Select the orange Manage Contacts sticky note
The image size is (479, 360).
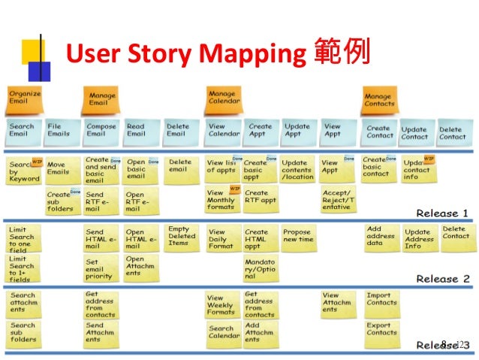click(378, 100)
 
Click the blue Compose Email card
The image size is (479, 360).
click(101, 131)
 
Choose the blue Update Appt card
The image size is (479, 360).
click(297, 131)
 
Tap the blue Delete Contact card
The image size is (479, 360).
click(452, 133)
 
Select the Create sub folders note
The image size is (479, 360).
click(60, 201)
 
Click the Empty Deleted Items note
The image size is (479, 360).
click(181, 236)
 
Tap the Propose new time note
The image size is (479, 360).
click(298, 236)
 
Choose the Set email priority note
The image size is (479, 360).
click(101, 268)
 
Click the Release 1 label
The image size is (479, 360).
click(441, 213)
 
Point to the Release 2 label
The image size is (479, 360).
click(443, 279)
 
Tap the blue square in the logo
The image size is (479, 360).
click(39, 71)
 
